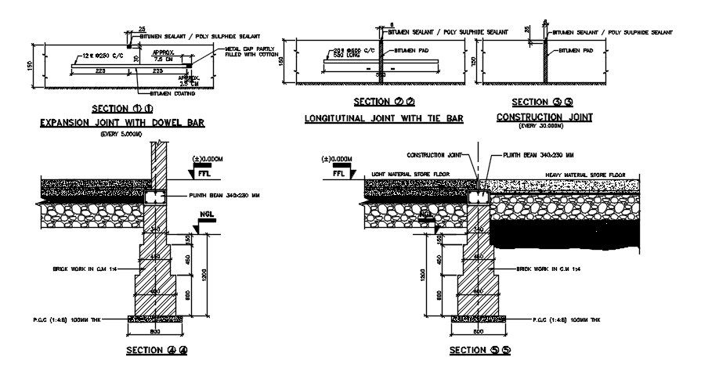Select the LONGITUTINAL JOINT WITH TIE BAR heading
coord(384,118)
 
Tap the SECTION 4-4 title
coord(157,350)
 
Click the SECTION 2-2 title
coord(384,102)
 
